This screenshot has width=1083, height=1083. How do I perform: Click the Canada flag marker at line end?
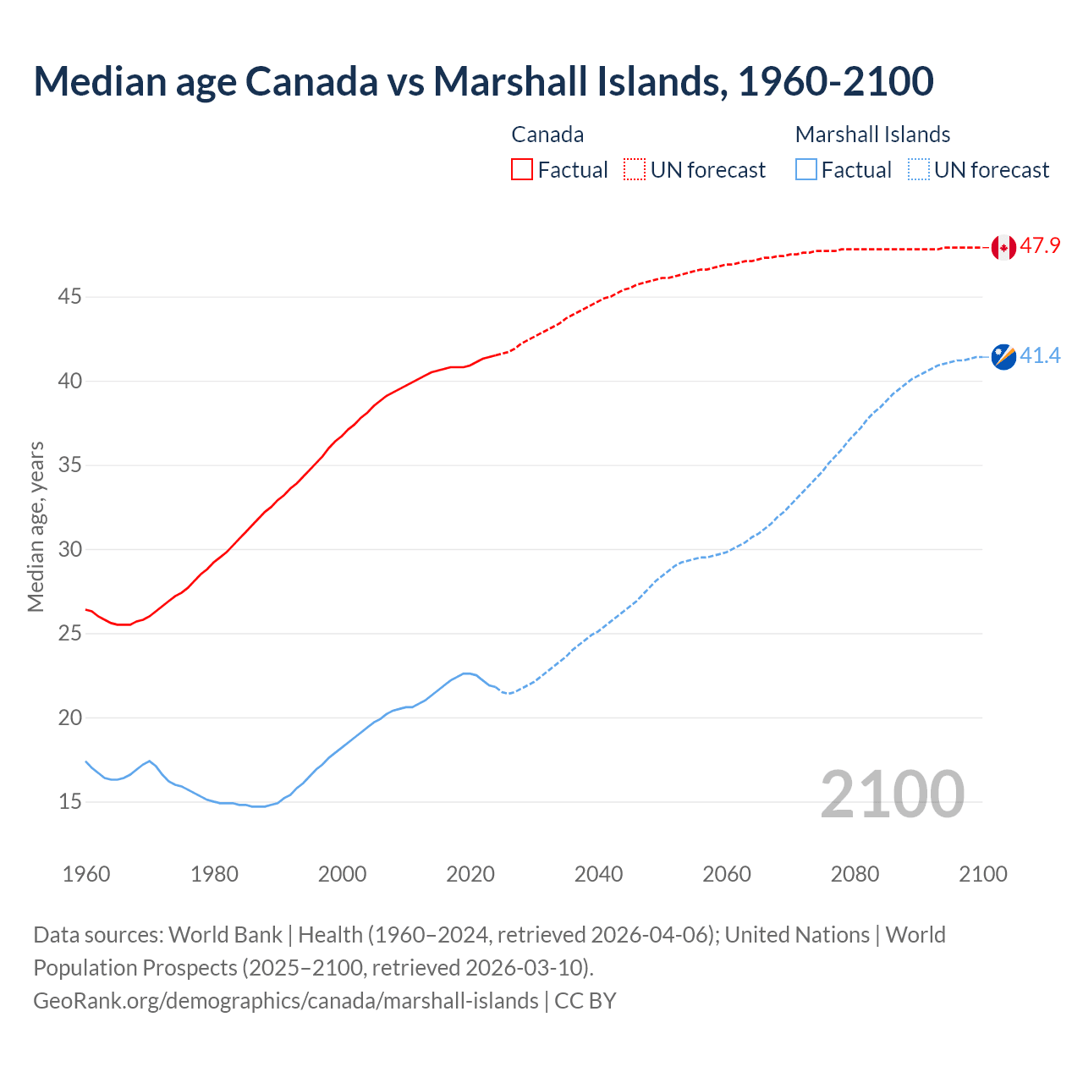pos(1003,247)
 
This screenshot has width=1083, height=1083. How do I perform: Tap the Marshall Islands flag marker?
pos(1003,356)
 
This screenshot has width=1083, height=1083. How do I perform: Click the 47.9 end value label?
pos(1040,246)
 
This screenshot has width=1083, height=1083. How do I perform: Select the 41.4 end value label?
pos(1040,356)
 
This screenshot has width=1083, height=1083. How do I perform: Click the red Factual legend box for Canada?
pos(522,170)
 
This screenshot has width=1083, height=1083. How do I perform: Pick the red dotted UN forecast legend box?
pos(635,170)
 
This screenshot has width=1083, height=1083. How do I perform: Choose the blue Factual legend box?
pos(806,170)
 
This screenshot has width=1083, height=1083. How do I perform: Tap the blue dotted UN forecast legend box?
pos(918,170)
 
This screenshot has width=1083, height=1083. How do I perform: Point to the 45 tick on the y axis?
pos(69,297)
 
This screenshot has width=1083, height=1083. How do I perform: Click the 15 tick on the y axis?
pos(69,801)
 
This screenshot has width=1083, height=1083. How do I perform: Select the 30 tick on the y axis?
pos(69,549)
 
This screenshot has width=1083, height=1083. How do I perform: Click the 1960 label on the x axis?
pos(86,874)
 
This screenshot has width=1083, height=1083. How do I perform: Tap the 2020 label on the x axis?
pos(470,874)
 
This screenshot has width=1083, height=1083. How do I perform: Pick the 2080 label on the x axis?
pos(855,874)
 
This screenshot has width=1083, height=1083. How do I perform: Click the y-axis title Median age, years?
pos(36,526)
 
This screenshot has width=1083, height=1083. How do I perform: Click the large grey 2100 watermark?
pos(892,794)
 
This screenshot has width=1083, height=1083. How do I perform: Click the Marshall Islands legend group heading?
pos(872,135)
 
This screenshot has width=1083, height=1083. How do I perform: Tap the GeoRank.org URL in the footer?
pos(286,1000)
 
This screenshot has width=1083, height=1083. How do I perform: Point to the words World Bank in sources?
pos(225,935)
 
